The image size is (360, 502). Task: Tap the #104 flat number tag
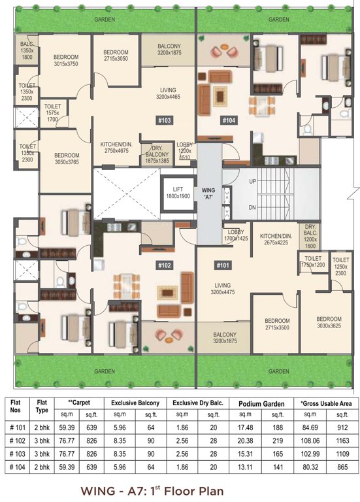[x=229, y=120]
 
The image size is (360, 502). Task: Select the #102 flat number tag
[x=163, y=265]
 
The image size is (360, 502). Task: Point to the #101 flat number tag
[x=223, y=265]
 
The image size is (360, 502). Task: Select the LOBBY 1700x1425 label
[x=236, y=235]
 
